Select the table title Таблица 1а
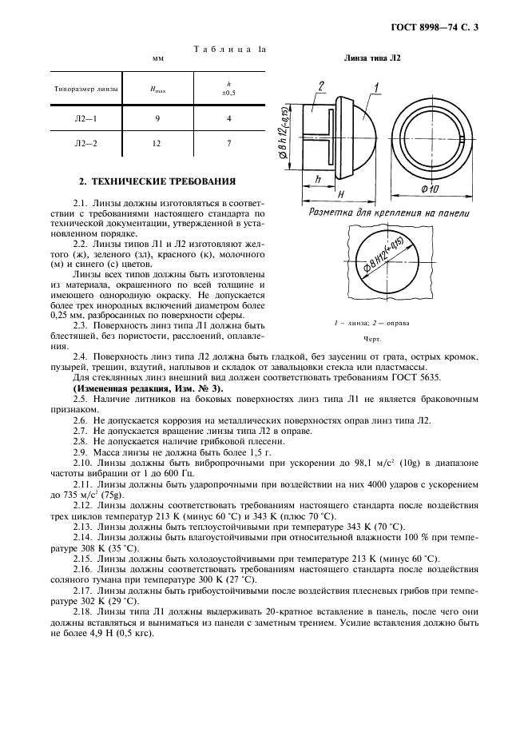230,50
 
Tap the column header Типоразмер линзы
85,90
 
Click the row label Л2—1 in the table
85,118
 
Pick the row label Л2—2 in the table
85,144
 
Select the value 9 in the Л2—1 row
157,118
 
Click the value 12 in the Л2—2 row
157,144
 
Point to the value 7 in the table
229,144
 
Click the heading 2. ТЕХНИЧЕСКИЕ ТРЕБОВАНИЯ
157,181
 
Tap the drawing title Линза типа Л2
371,58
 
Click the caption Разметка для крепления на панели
389,213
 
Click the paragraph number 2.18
82,611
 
